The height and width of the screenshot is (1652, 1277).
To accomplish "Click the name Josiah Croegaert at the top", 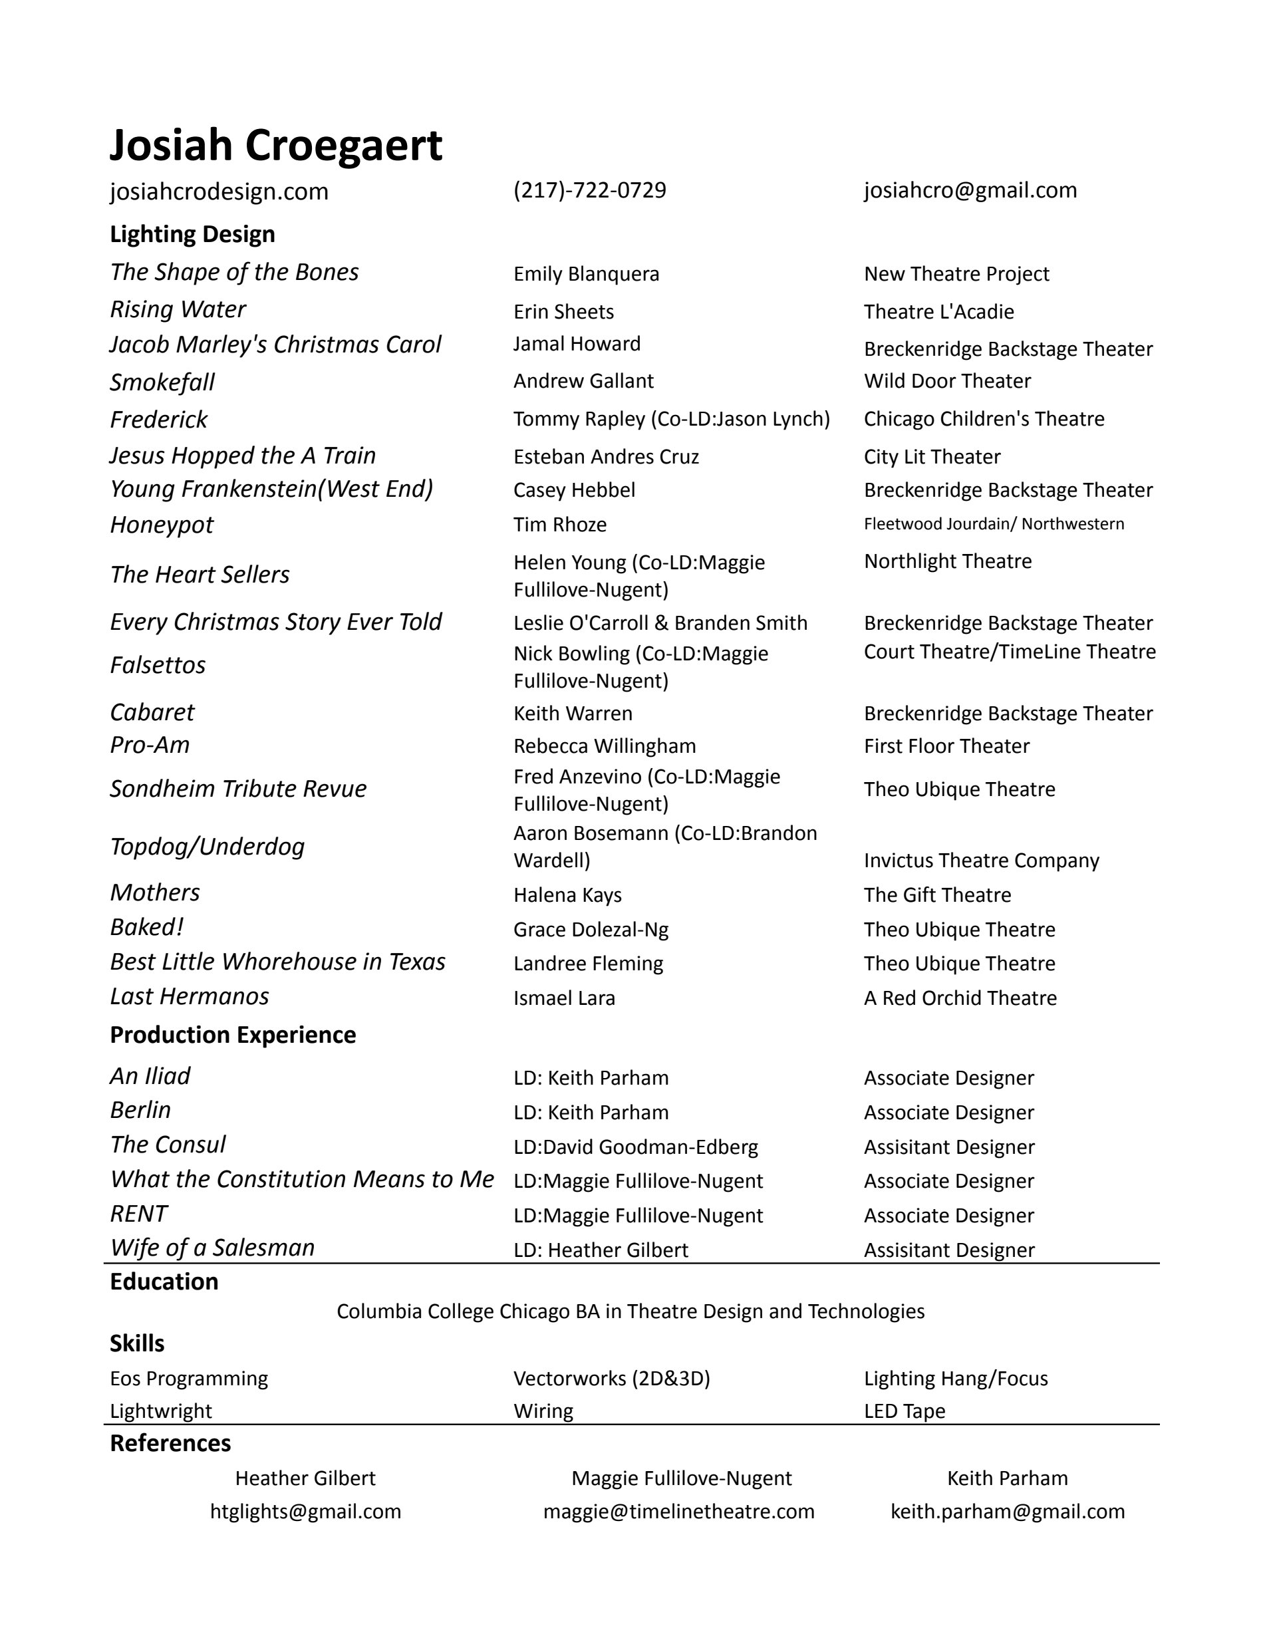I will pyautogui.click(x=275, y=144).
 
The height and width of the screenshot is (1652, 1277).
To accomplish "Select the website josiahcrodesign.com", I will pyautogui.click(x=219, y=192).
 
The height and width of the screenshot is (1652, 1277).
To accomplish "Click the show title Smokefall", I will pyautogui.click(x=162, y=382).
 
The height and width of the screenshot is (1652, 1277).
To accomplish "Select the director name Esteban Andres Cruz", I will pyautogui.click(x=605, y=456).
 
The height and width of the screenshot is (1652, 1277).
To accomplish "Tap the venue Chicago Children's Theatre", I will pyautogui.click(x=984, y=418).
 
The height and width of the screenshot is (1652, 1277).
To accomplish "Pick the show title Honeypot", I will pyautogui.click(x=161, y=524).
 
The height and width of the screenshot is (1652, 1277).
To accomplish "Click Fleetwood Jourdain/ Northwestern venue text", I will pyautogui.click(x=993, y=523).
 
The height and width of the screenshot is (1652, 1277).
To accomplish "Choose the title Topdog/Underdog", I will pyautogui.click(x=207, y=846).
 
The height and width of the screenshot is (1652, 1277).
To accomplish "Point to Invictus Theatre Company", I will pyautogui.click(x=981, y=860).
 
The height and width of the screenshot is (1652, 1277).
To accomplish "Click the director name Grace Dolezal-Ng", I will pyautogui.click(x=590, y=929).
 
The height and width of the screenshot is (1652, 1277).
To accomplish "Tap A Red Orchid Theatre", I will pyautogui.click(x=960, y=998).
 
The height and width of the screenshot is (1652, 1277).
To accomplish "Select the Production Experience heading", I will pyautogui.click(x=232, y=1034).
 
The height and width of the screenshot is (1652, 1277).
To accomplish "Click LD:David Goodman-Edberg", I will pyautogui.click(x=635, y=1147).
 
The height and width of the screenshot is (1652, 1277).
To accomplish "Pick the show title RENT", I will pyautogui.click(x=138, y=1213).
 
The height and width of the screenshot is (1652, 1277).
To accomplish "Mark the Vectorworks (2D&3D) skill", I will pyautogui.click(x=611, y=1378).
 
